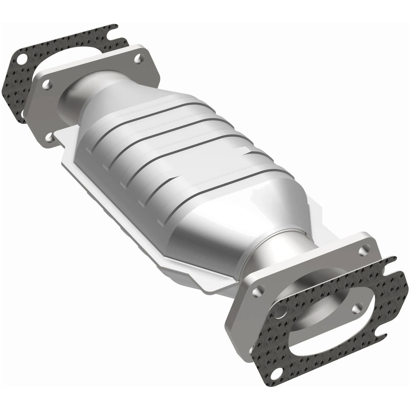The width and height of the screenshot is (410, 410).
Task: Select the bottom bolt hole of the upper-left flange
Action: [x=50, y=137]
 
